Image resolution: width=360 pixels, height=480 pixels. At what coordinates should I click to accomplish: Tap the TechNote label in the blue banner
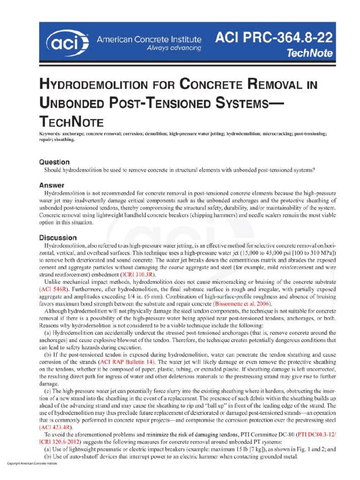coord(310,53)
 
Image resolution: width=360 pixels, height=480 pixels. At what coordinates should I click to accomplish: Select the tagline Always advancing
coord(174,48)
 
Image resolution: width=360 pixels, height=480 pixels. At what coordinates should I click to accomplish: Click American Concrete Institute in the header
coord(149,40)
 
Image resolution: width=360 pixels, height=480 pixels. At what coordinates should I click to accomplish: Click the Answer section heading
coord(52,185)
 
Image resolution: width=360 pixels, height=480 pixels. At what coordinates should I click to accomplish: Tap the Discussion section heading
coord(58,238)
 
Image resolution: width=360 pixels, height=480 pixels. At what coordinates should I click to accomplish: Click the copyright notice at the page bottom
coord(32,463)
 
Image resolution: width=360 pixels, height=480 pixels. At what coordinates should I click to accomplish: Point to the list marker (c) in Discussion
coord(47,391)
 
